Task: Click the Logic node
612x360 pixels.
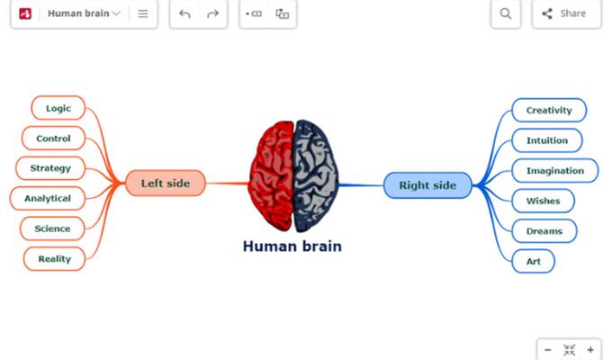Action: [x=58, y=108]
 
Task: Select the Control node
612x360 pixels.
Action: [x=53, y=139]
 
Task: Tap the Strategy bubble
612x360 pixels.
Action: [x=50, y=168]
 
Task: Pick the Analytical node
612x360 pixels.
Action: [x=48, y=198]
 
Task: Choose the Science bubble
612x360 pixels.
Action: [x=52, y=229]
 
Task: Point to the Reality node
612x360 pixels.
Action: [x=55, y=259]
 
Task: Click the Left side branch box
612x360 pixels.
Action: [x=166, y=183]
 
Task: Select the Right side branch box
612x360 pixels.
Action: [x=427, y=185]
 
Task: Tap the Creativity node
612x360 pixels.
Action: [x=549, y=110]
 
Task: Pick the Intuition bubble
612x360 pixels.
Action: [x=547, y=140]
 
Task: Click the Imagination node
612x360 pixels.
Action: [x=555, y=171]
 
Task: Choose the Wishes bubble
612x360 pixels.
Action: [x=544, y=201]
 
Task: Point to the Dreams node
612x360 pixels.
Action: [x=544, y=231]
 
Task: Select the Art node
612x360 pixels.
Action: [x=533, y=261]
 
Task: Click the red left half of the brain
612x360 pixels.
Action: [x=271, y=175]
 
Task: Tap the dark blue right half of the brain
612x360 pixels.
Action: [x=315, y=175]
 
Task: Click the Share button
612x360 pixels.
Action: [x=567, y=13]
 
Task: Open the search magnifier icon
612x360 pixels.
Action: [x=506, y=13]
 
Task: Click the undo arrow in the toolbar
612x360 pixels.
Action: [x=184, y=14]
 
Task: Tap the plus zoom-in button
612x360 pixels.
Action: [x=590, y=350]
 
